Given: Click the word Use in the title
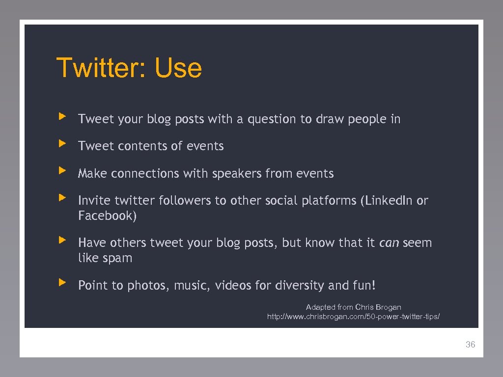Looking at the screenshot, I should [x=178, y=68].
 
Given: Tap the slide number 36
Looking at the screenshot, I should [x=470, y=345].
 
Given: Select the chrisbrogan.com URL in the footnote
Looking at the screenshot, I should [x=353, y=317].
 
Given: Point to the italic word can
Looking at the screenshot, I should [x=389, y=243].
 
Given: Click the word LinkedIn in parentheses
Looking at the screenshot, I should [x=389, y=201].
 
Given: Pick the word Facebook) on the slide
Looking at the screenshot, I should [x=107, y=216].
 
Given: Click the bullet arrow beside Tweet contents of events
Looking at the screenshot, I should [x=61, y=144].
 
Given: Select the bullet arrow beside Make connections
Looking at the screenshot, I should [x=61, y=171].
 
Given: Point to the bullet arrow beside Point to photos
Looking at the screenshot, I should [x=61, y=283].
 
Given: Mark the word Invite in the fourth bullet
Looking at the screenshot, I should [x=94, y=201].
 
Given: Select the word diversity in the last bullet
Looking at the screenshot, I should [x=299, y=286].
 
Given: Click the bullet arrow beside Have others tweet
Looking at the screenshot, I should [x=61, y=240].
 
